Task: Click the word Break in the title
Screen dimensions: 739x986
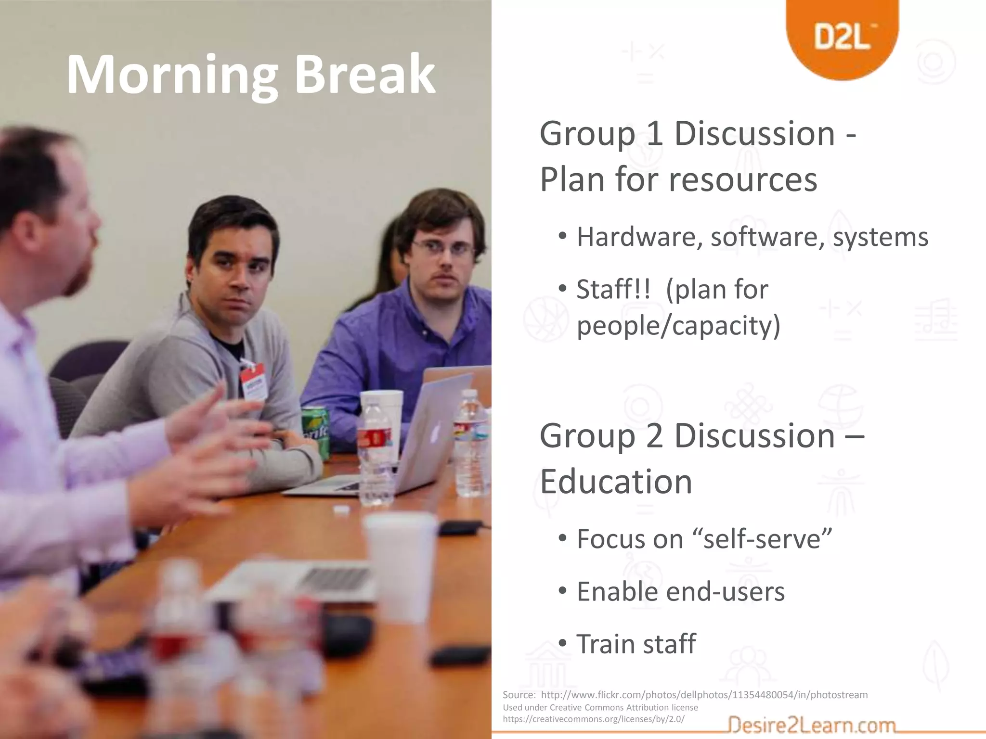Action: [364, 76]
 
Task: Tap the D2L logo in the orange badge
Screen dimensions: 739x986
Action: [842, 38]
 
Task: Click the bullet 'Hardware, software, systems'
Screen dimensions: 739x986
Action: [752, 237]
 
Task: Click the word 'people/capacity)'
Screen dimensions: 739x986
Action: [678, 326]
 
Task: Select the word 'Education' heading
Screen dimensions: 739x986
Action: [616, 482]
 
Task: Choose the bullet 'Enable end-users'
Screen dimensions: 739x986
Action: [680, 591]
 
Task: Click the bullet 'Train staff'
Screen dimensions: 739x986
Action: [636, 644]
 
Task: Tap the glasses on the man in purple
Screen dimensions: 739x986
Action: [442, 248]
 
